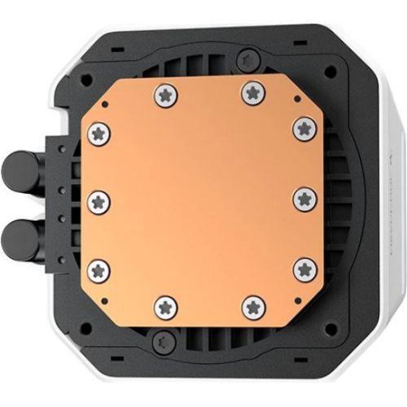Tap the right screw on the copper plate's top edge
point(252,94)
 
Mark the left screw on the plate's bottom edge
point(166,307)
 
